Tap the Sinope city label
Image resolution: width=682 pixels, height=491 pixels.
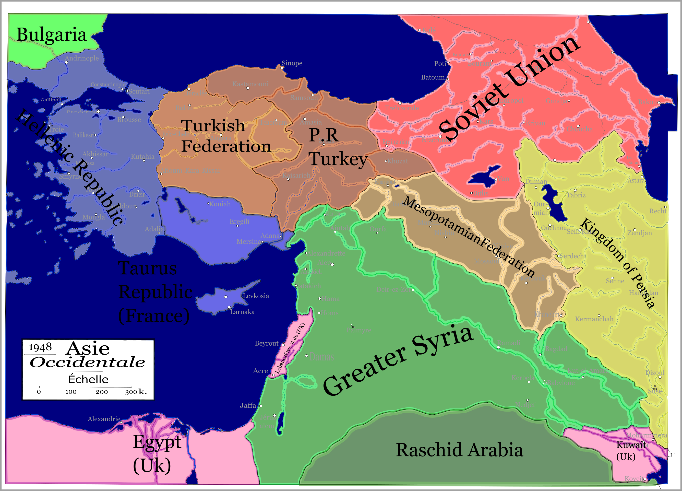coord(292,63)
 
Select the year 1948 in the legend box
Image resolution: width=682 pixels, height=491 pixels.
coord(40,347)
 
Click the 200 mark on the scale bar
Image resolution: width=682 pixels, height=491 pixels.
coord(102,392)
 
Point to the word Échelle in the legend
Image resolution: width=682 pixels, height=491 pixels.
coord(88,379)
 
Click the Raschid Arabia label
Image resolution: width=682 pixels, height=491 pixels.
coord(459,450)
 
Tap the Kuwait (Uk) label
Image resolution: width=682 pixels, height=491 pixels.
coord(631,450)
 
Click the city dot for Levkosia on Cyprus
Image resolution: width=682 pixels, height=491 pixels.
coord(225,297)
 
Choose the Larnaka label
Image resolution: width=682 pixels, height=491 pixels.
coord(242,312)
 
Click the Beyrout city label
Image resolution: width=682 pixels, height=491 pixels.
coord(266,343)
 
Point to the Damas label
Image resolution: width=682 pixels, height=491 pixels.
coord(321,357)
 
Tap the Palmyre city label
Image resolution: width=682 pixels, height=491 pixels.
coord(359,330)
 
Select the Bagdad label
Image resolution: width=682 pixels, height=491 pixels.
coord(556,349)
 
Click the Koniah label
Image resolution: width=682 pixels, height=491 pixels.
coord(220,204)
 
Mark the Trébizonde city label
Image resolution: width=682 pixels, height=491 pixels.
coord(402,108)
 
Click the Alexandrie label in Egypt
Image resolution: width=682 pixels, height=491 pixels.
coord(104,419)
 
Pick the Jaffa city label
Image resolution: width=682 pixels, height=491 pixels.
coord(248,405)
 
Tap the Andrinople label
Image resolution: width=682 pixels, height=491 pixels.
coord(82,58)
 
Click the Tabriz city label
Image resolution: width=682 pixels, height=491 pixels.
coord(576,195)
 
